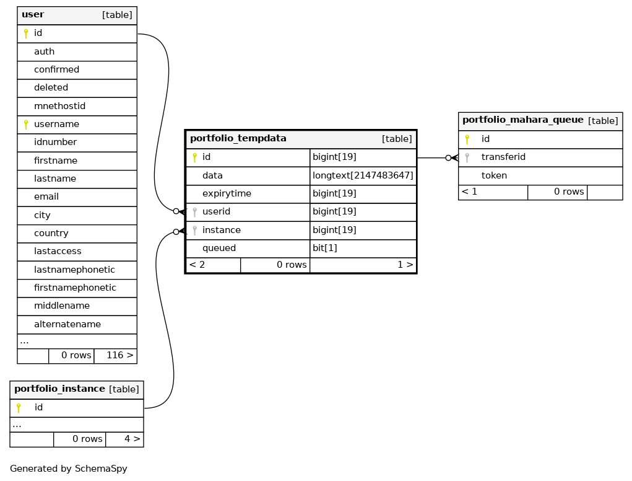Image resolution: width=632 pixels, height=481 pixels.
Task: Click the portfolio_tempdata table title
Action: (x=238, y=138)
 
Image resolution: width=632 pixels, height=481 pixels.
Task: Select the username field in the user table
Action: (x=56, y=124)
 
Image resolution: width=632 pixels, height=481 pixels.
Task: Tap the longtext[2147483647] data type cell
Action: (x=363, y=175)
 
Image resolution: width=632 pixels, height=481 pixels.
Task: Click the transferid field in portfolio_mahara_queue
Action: (x=503, y=157)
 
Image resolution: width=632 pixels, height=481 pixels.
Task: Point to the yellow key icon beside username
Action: (x=26, y=125)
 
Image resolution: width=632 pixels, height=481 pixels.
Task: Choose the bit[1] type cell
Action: (x=325, y=248)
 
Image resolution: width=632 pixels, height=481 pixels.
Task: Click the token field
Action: (x=494, y=175)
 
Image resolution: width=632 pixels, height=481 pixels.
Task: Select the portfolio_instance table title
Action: (x=59, y=389)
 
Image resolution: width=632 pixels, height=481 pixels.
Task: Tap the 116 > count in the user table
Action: (x=119, y=355)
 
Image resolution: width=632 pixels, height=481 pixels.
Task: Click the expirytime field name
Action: (x=227, y=193)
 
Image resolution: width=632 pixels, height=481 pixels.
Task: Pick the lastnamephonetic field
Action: (x=74, y=270)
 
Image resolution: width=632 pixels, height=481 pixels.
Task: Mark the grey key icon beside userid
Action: (x=195, y=212)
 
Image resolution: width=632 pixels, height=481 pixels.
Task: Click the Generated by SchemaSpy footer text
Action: (x=69, y=469)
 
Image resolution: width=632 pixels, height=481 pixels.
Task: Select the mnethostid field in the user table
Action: (x=59, y=106)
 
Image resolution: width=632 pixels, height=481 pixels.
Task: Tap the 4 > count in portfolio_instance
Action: (x=132, y=439)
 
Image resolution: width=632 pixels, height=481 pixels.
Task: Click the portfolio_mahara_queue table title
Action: (x=523, y=120)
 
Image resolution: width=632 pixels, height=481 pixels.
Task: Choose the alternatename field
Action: (x=67, y=324)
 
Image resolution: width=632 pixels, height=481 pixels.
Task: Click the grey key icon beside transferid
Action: (x=467, y=157)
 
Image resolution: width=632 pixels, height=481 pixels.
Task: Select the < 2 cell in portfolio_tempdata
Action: (x=197, y=265)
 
